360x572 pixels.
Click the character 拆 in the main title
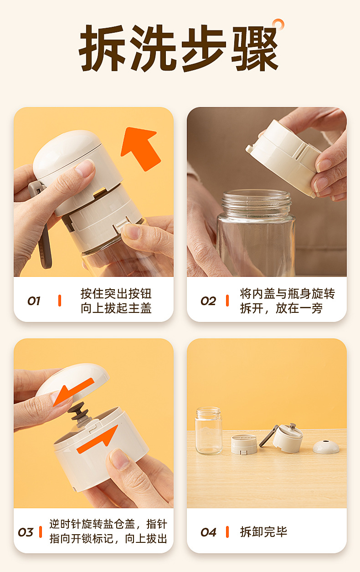click(x=103, y=48)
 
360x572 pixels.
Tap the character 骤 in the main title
click(x=255, y=48)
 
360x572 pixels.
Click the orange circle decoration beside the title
click(x=278, y=25)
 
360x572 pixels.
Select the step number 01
click(x=34, y=301)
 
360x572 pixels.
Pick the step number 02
click(x=208, y=301)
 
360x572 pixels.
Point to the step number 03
click(x=26, y=532)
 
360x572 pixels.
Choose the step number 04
click(x=208, y=532)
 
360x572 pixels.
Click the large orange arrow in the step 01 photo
click(x=140, y=148)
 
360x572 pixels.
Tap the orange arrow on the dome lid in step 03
click(x=73, y=393)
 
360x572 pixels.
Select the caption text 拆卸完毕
click(x=264, y=532)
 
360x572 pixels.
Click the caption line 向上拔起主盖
click(x=116, y=308)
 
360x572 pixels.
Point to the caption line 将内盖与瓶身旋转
click(x=288, y=294)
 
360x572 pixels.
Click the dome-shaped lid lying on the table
click(x=326, y=446)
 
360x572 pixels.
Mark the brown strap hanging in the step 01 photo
click(x=45, y=245)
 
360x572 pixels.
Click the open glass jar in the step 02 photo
click(x=256, y=233)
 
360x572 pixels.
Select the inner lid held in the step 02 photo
click(x=283, y=158)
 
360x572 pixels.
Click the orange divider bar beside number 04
click(x=227, y=532)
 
